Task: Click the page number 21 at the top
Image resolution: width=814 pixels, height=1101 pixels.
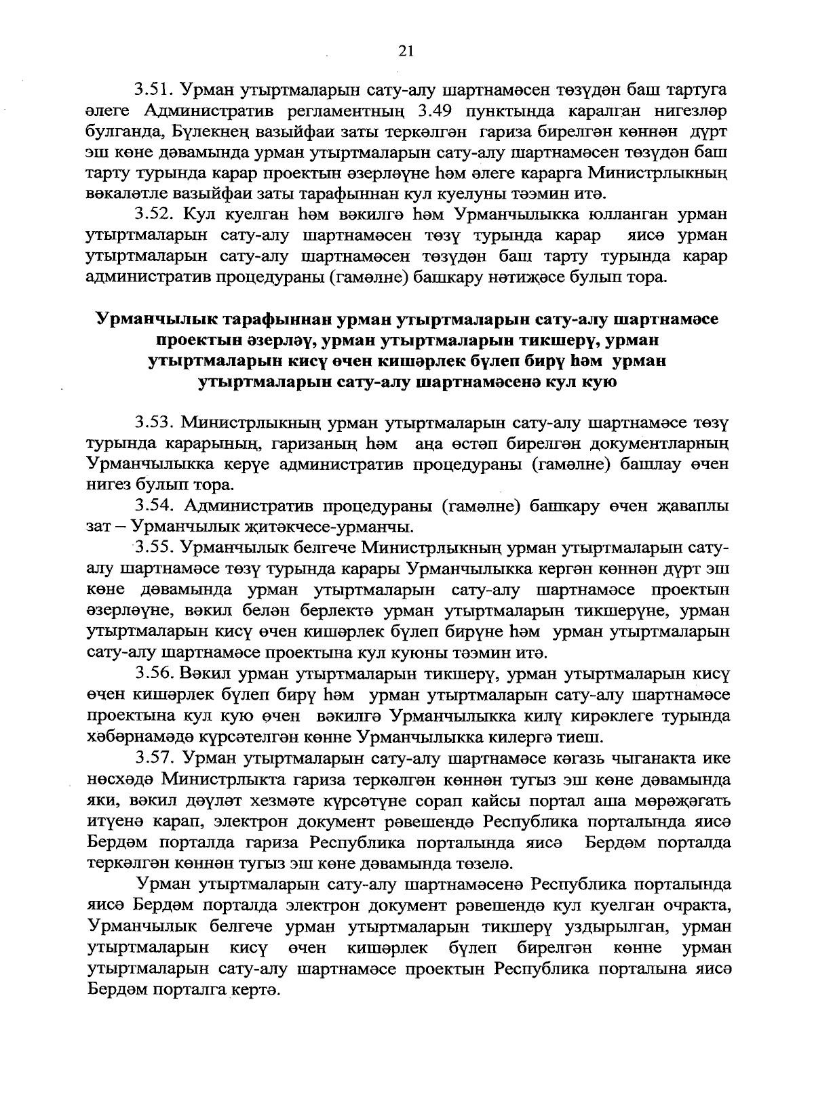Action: pyautogui.click(x=406, y=51)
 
